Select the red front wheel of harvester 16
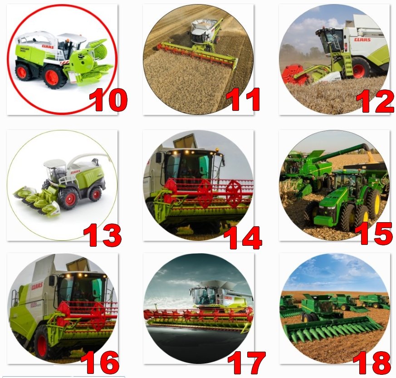42,345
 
